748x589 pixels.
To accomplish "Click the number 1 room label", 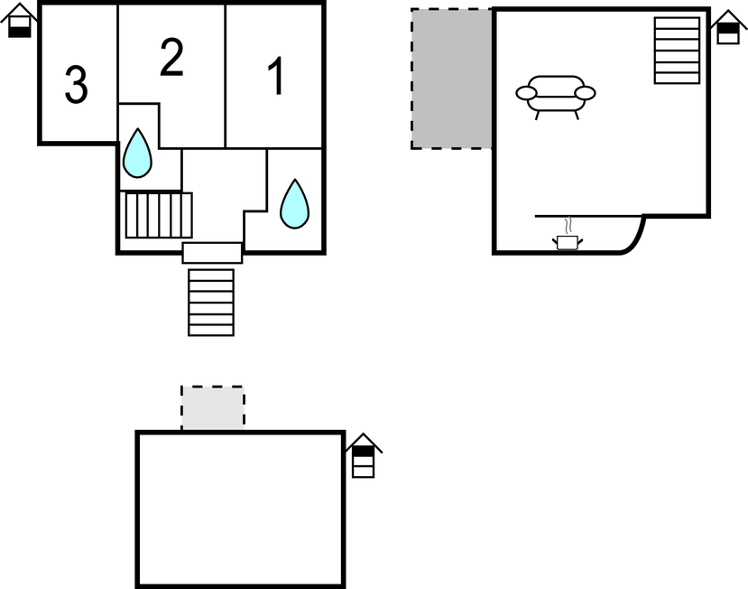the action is pos(277,76).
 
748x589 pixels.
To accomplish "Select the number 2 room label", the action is pos(171,57).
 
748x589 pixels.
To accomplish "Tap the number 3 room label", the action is pos(77,85).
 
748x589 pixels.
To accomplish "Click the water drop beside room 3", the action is pos(137,154).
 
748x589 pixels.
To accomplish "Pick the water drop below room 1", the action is pos(295,204).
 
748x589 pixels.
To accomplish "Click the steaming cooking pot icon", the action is pos(568,242).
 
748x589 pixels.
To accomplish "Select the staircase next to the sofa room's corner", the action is pos(677,51).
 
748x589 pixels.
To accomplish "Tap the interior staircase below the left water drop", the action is pos(159,215).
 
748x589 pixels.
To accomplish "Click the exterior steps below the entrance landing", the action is pos(211,303).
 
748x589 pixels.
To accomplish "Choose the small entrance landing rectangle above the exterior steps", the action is pos(212,253).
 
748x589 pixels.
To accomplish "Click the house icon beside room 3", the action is pos(19,21).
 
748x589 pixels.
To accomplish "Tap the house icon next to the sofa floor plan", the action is pos(728,27).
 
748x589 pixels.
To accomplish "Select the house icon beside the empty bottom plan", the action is pos(364,455).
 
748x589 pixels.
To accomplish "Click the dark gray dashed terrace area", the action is pos(451,79).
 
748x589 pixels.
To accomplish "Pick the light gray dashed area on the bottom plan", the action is pos(213,408).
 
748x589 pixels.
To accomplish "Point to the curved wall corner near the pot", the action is pos(634,238).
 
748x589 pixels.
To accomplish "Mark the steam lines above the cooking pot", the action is pos(568,226).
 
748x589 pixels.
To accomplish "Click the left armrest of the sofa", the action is pos(526,93).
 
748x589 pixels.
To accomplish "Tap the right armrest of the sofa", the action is pos(585,93).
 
